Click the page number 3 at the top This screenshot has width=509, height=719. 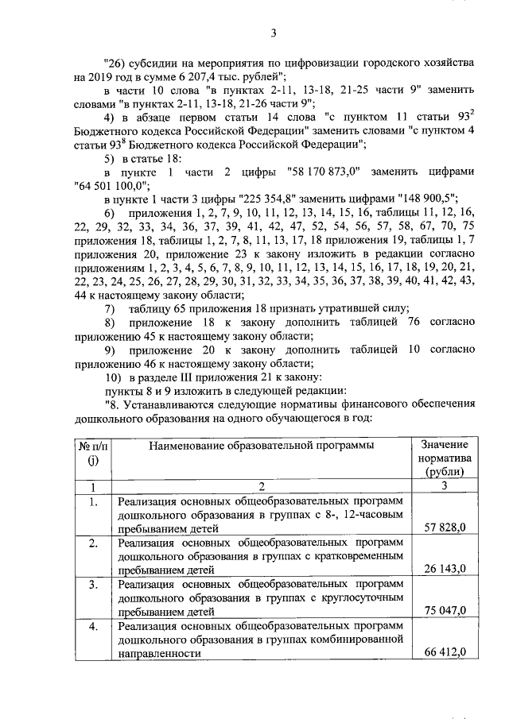[x=272, y=33]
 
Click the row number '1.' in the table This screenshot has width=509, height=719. [x=93, y=502]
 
